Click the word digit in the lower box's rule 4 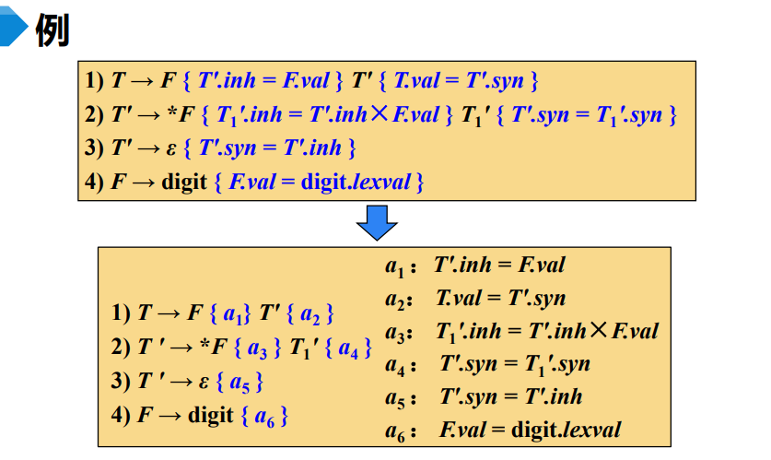pyautogui.click(x=211, y=415)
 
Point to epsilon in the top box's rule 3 pyautogui.click(x=170, y=148)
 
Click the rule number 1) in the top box pyautogui.click(x=95, y=81)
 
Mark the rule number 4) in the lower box pyautogui.click(x=122, y=415)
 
